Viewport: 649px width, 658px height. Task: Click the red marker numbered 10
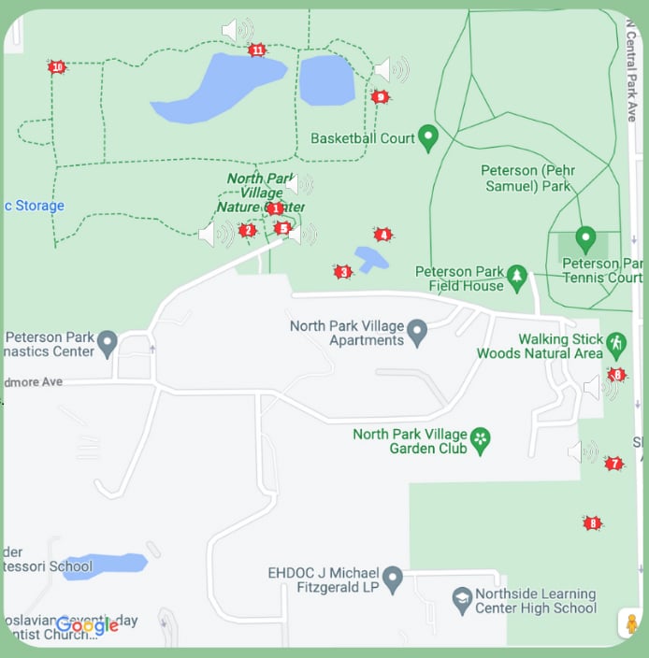point(57,67)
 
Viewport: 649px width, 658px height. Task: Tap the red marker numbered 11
point(257,50)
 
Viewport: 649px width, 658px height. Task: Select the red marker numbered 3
point(343,272)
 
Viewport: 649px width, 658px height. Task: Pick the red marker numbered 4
point(382,235)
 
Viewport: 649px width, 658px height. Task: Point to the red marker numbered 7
point(613,464)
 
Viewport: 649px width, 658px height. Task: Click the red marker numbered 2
point(247,230)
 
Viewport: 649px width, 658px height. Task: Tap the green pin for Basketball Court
point(428,137)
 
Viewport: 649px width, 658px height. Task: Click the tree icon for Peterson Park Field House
point(517,277)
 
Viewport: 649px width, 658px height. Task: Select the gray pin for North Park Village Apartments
point(417,332)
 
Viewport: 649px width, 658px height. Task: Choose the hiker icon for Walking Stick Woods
point(616,344)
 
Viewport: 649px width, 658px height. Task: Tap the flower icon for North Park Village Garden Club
point(481,440)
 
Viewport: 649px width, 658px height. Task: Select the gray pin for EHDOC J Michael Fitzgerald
point(393,579)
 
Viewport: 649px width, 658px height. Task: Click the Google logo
point(87,625)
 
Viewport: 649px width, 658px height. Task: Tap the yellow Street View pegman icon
point(631,623)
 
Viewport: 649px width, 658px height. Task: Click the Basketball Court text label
point(362,138)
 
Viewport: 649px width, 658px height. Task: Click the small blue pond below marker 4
point(371,257)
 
